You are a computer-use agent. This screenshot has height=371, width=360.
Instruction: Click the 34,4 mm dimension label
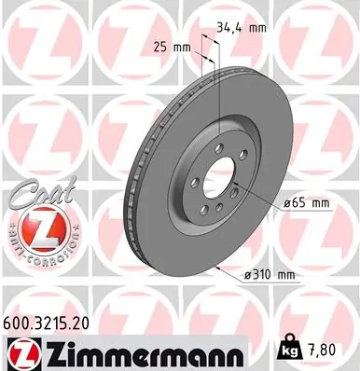[x=241, y=28]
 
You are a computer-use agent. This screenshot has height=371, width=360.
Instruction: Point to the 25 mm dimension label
[x=169, y=46]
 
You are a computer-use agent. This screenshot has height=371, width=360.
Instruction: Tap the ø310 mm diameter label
[x=270, y=273]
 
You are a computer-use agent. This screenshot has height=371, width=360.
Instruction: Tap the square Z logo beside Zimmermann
[x=21, y=351]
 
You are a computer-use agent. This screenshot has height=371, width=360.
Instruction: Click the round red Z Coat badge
[x=36, y=227]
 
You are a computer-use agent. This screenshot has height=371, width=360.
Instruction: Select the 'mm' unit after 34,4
[x=256, y=28]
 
